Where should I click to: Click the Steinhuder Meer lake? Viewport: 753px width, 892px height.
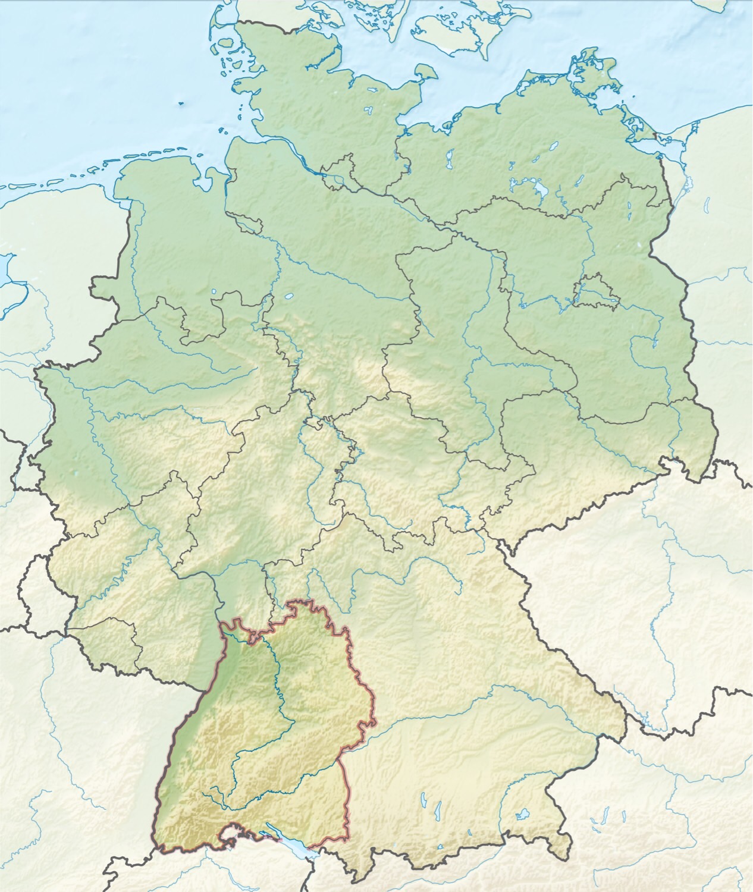pyautogui.click(x=289, y=296)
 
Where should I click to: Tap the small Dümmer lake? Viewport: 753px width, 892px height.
pyautogui.click(x=214, y=291)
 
